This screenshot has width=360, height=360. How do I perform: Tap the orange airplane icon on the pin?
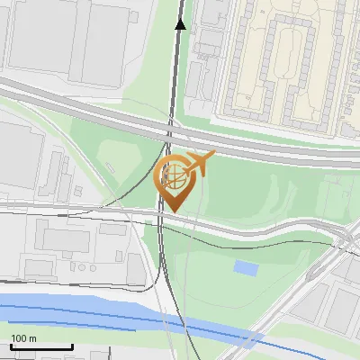coord(200,163)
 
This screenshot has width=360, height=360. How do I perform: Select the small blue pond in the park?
coord(244,266)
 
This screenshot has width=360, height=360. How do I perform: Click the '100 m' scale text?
coord(24,338)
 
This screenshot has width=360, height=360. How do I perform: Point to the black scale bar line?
coord(40,346)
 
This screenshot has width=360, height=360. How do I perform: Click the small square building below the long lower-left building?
coord(39,268)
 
